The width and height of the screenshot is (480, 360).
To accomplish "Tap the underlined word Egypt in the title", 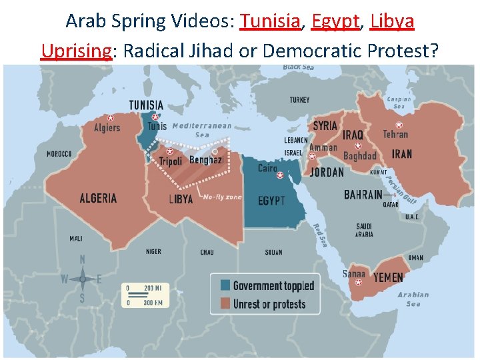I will click(335, 21).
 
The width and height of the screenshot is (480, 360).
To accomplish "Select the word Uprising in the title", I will click(75, 50).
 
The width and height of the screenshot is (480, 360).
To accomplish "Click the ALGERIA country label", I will click(98, 198).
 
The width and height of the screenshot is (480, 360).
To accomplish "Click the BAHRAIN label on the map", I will click(363, 195).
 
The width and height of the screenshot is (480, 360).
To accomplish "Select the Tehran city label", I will click(395, 135).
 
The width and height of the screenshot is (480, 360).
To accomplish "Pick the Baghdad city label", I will click(359, 156).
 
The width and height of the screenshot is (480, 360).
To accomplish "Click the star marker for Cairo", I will click(280, 175).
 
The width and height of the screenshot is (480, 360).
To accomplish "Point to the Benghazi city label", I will click(206, 160).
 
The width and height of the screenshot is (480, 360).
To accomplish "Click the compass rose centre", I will click(82, 279).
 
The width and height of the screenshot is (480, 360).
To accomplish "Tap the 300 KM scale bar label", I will click(153, 303).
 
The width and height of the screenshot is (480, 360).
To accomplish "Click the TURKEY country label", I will click(299, 100).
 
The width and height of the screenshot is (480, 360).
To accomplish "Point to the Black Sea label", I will click(299, 67).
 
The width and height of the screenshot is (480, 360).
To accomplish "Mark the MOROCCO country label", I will click(59, 154).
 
